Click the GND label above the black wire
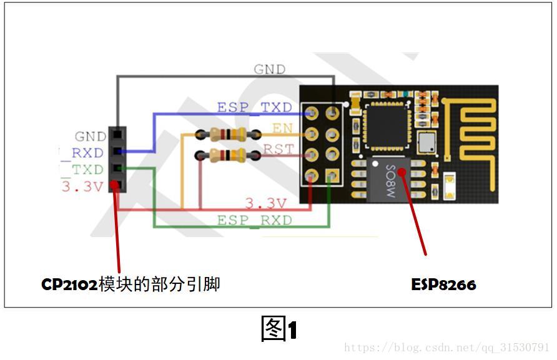tap(269, 69)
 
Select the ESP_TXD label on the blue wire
tap(254, 107)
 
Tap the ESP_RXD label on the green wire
tap(254, 220)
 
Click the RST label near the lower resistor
tap(278, 148)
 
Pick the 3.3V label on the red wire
tap(265, 203)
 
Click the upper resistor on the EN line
tap(227, 134)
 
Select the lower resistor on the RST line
tap(227, 155)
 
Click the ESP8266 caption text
tap(443, 285)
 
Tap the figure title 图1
tap(278, 329)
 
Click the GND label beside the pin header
tap(91, 137)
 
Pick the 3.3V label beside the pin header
tap(82, 187)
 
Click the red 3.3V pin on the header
tap(116, 185)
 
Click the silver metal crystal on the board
tap(426, 142)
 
